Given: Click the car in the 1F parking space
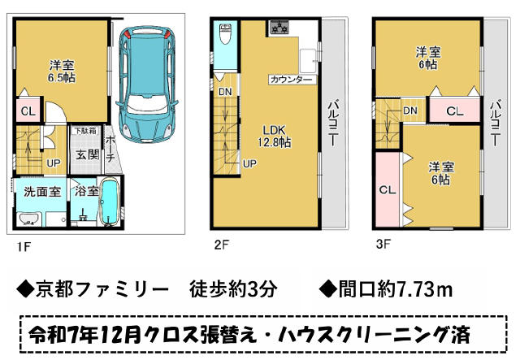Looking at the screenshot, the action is [146, 85].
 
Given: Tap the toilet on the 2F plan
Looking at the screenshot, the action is [225, 34].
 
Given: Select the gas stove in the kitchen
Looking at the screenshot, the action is [279, 28].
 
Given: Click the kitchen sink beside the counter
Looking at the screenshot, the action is [309, 60].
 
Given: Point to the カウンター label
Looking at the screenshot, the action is [292, 80].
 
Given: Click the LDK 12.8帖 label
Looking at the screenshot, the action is [275, 136].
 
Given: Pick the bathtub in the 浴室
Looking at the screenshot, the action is [110, 202].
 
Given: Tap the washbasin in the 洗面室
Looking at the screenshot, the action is [29, 219].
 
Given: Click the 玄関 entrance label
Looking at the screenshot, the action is [88, 154].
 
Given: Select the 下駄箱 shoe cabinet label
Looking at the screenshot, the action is [85, 131].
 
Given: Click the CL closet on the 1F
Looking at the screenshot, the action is [28, 111].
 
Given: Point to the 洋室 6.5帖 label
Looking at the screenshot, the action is [62, 71].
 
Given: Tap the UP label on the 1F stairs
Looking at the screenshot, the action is [54, 163].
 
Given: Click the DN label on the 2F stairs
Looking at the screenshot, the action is [225, 92].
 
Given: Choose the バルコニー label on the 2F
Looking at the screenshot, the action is [333, 124].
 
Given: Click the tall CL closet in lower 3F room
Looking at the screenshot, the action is [388, 190].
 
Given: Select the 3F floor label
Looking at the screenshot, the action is [383, 245].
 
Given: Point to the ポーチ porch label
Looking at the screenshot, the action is [110, 149].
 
